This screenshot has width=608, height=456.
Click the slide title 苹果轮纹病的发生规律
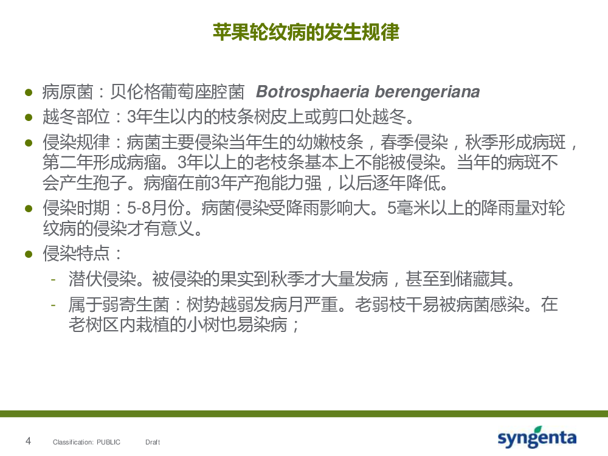tap(306, 32)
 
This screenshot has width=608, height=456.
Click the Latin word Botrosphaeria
tap(313, 92)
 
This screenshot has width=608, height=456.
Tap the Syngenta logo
tap(537, 437)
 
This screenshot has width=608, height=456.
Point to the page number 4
tap(28, 441)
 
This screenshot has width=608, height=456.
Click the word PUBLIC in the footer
tap(108, 442)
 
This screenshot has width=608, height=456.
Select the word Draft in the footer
tap(153, 442)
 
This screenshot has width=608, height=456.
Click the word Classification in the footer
tap(73, 442)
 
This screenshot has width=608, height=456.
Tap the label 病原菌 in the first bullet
tap(68, 92)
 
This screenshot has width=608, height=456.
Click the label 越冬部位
tap(77, 116)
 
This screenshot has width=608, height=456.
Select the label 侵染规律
tap(77, 142)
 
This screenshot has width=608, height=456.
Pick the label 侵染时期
tap(77, 208)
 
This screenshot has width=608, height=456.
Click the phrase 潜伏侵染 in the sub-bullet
tap(102, 279)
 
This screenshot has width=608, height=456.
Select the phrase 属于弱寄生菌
tap(119, 305)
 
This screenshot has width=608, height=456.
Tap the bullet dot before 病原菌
tap(29, 92)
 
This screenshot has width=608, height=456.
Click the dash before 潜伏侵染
tap(53, 279)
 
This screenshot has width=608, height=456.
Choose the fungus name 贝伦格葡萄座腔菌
tap(178, 92)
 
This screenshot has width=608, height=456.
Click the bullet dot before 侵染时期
tap(29, 209)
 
